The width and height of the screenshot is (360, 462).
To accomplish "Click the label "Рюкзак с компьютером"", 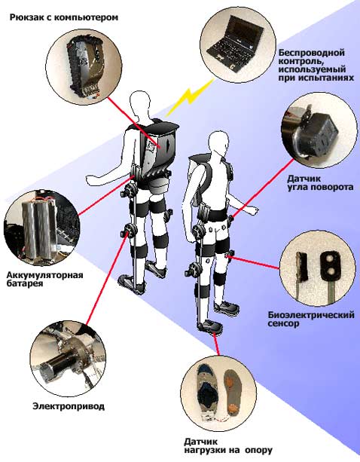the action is (64, 17).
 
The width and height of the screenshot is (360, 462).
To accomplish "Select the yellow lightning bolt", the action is (191, 96).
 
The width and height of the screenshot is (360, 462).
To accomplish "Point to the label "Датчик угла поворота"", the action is (320, 182).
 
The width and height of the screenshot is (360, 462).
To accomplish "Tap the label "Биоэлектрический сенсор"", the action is (311, 319).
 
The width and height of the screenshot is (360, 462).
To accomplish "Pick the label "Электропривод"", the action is (69, 406).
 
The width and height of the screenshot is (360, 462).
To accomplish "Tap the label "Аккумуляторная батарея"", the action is (44, 279).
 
